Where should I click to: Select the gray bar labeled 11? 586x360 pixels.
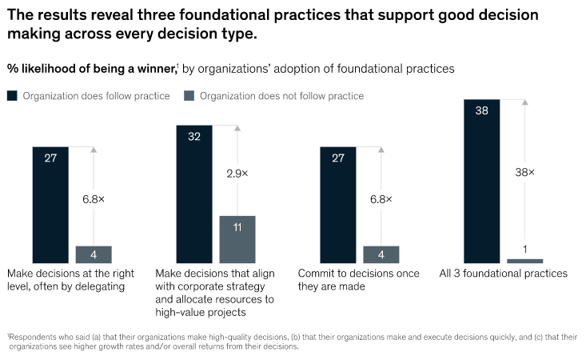point(237,239)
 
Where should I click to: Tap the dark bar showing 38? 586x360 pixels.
point(482,181)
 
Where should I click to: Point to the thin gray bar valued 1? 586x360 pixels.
point(525,261)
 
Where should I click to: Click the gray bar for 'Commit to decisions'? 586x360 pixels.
point(381,254)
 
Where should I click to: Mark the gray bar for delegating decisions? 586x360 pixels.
point(94,254)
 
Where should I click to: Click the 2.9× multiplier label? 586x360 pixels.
point(237,173)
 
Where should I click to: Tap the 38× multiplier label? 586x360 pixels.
point(525,172)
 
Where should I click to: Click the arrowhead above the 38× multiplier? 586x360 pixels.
point(525,102)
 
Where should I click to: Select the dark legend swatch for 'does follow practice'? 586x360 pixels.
point(12,96)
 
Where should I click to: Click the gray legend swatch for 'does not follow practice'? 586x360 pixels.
point(189,96)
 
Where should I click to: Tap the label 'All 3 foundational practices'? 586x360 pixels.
point(504,274)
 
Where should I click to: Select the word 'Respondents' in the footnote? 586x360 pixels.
point(31,337)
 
